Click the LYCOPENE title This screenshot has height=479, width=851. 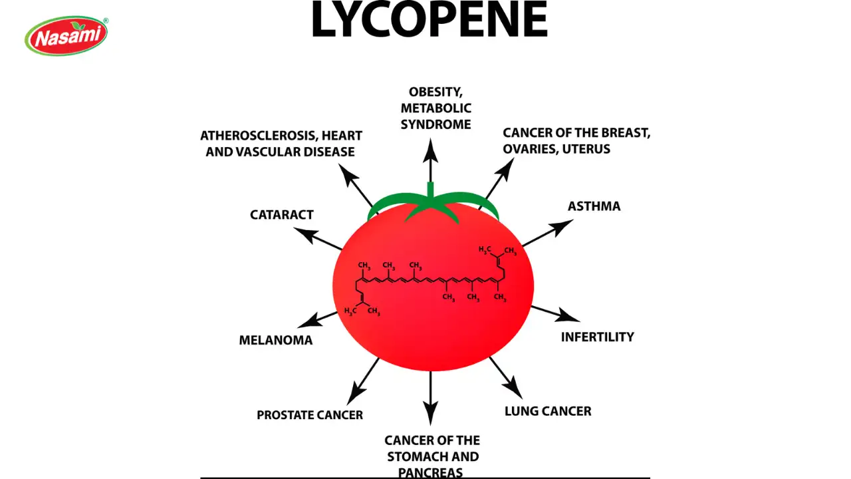pos(429,19)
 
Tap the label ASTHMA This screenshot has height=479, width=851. pos(594,206)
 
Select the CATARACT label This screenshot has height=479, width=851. pos(281,215)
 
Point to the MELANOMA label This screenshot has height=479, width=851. pos(275,340)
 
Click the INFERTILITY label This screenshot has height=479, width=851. pos(597,337)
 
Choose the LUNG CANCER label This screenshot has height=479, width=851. pos(548,411)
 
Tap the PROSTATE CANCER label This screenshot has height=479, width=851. pos(310,415)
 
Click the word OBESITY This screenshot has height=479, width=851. pos(435,92)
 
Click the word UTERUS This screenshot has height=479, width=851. pos(586,149)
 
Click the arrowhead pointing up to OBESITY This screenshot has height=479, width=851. pos(431,148)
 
